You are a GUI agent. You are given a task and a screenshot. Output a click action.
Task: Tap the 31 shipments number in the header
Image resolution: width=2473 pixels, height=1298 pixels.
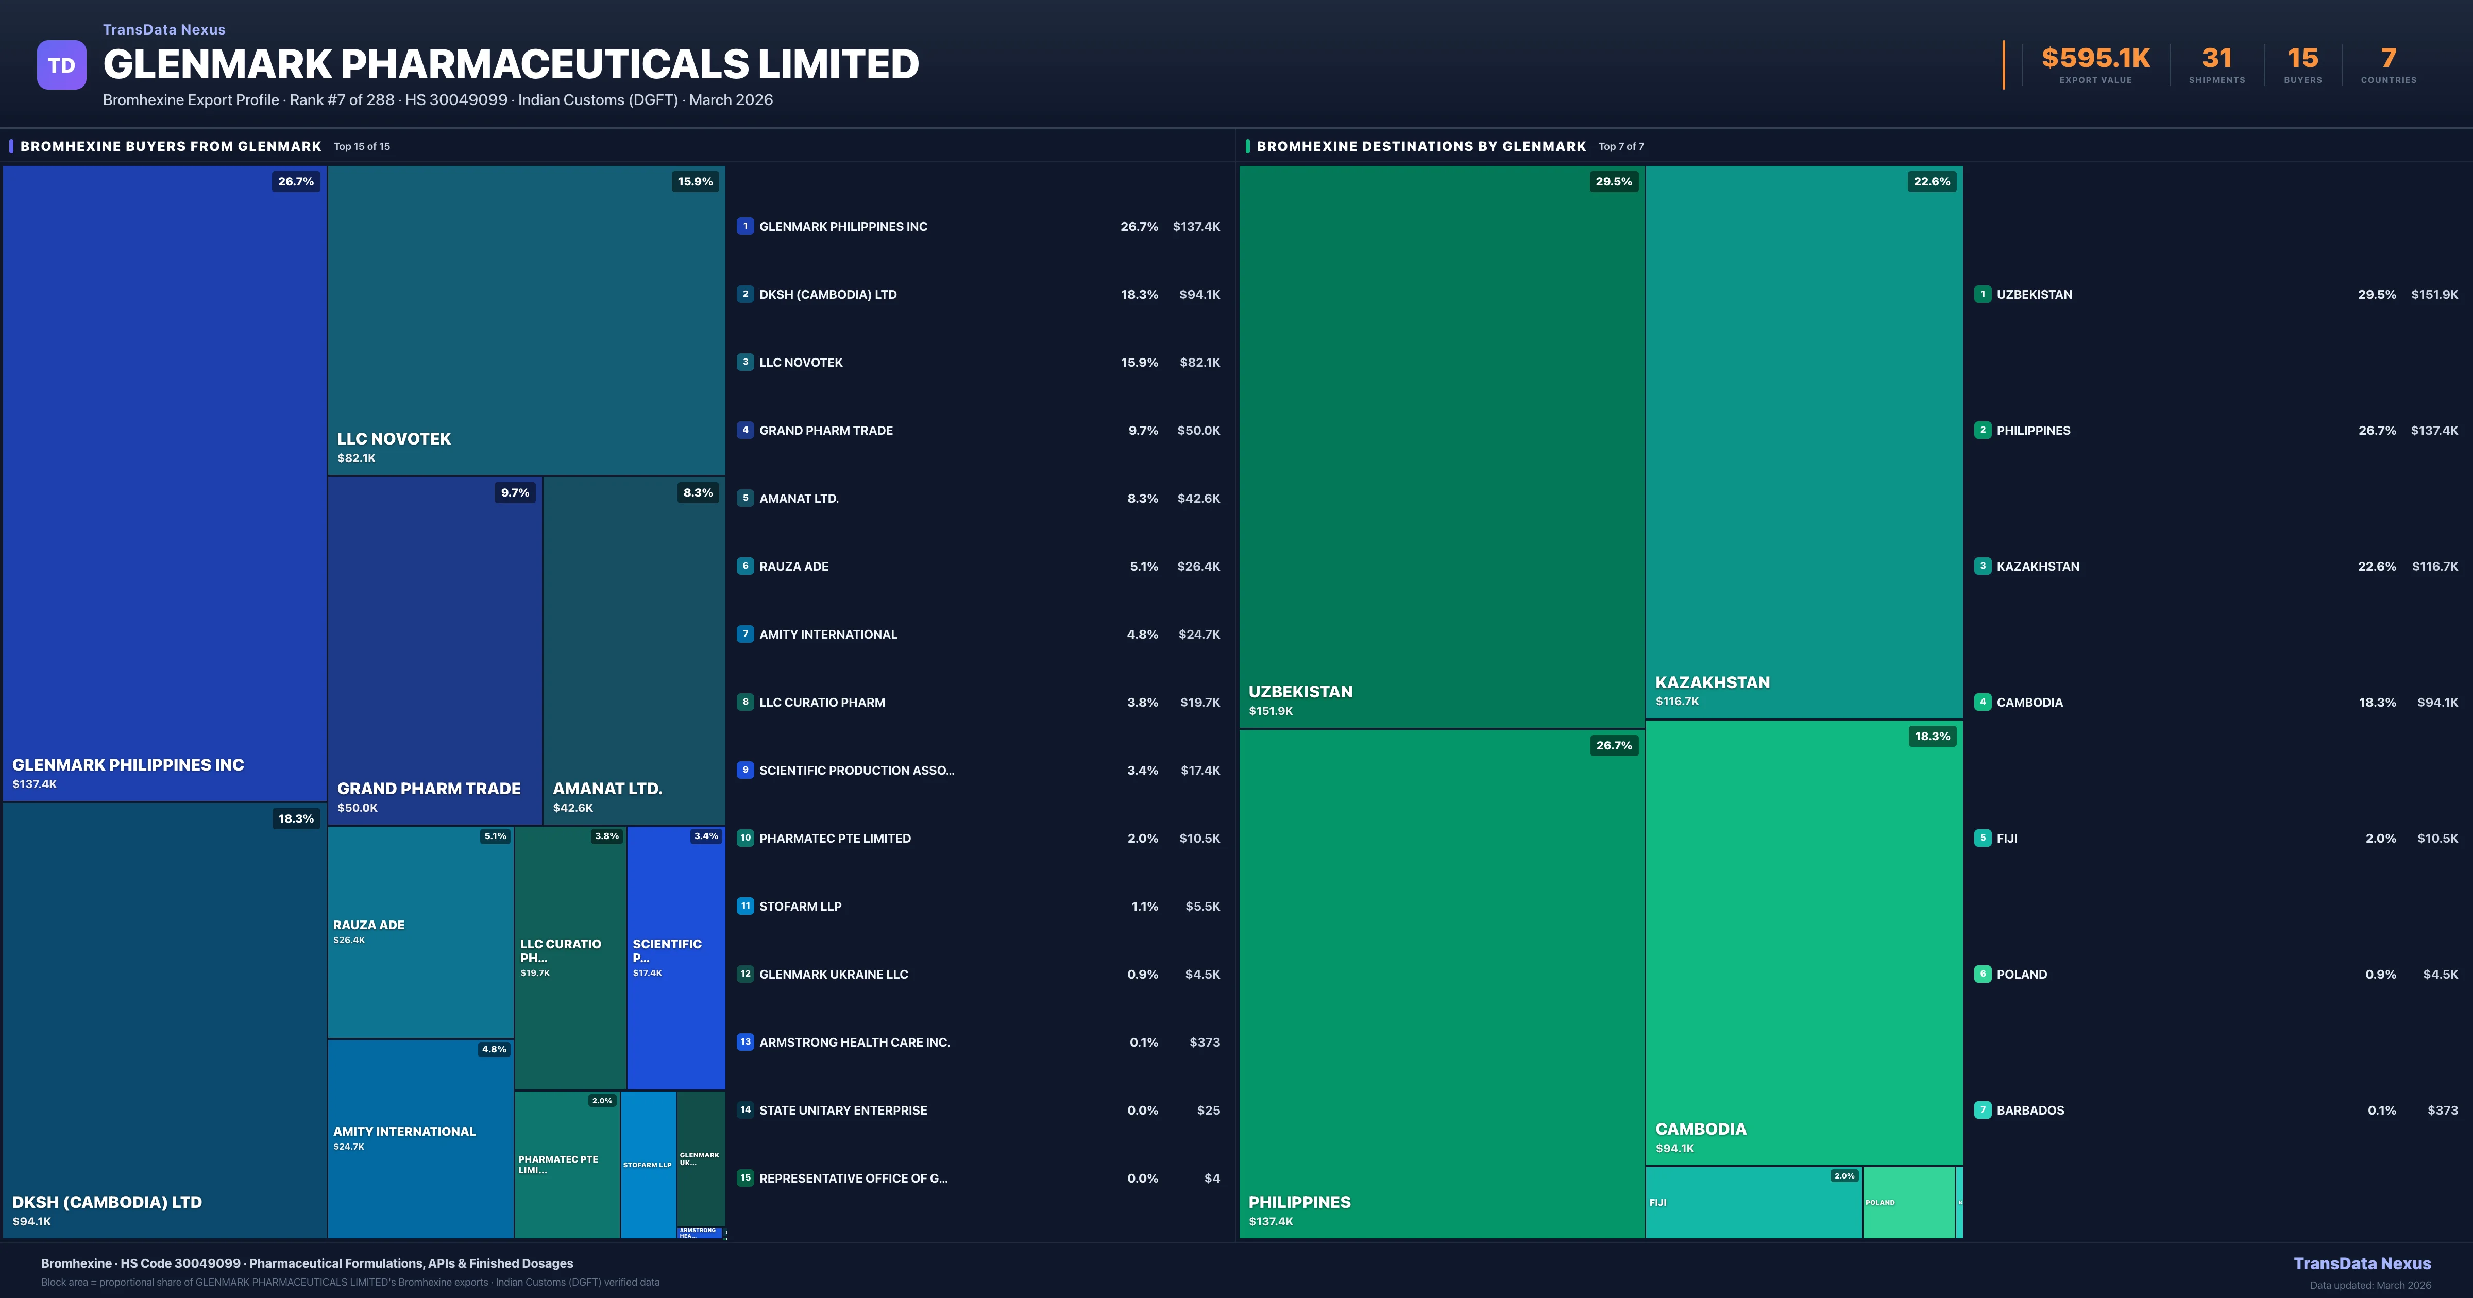pos(2216,59)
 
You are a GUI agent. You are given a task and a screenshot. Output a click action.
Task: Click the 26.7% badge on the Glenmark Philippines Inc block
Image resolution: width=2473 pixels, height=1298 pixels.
pos(296,181)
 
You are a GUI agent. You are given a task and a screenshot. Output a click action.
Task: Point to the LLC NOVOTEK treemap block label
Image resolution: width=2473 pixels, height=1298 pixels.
pos(394,439)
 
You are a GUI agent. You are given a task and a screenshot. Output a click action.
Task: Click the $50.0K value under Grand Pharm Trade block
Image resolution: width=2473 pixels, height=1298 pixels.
pos(357,808)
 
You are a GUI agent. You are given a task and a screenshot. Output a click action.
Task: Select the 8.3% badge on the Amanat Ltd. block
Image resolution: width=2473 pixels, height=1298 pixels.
pos(698,492)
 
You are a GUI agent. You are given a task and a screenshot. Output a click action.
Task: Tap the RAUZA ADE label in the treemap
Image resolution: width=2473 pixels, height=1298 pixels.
pos(369,925)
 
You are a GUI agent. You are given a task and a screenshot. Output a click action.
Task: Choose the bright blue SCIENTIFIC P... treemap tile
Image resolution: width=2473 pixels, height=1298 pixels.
pos(675,957)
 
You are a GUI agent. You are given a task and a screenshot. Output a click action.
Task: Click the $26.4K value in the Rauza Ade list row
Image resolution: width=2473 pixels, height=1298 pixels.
pos(1198,567)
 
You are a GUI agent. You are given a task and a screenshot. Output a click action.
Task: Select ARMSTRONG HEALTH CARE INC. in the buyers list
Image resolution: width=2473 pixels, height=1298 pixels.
pos(854,1041)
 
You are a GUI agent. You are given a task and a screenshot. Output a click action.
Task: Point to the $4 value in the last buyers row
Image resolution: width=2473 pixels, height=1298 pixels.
pos(1212,1178)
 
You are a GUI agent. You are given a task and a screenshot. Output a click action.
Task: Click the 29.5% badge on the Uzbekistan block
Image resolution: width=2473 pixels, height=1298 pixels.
pos(1613,181)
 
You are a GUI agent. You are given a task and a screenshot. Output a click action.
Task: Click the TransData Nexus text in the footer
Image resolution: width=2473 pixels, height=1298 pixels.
pos(2362,1263)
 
